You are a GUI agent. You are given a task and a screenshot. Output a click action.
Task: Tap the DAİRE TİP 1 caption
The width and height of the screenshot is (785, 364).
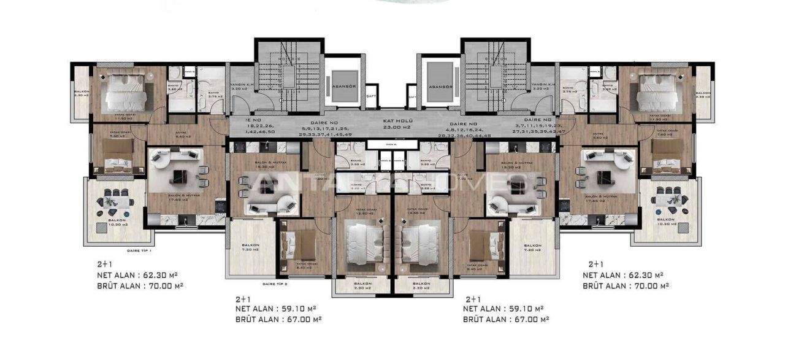[x=139, y=250]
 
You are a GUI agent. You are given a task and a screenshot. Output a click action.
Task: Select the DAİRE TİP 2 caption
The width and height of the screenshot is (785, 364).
[x=275, y=284]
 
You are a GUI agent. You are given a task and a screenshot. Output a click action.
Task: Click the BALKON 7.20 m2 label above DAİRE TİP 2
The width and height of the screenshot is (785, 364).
[x=251, y=247]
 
